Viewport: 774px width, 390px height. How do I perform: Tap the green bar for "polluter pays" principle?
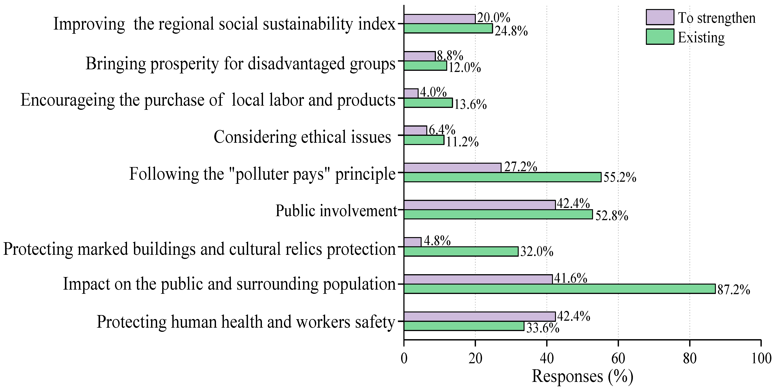[502, 177]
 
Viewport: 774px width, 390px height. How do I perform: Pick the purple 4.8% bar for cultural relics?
[413, 242]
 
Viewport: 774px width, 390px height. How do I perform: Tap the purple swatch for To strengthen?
[660, 17]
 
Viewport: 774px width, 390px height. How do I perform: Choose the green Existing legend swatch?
[660, 37]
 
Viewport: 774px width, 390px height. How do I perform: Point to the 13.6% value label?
[470, 104]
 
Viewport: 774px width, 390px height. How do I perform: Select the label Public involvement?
[336, 211]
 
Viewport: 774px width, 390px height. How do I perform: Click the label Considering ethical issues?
[302, 137]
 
